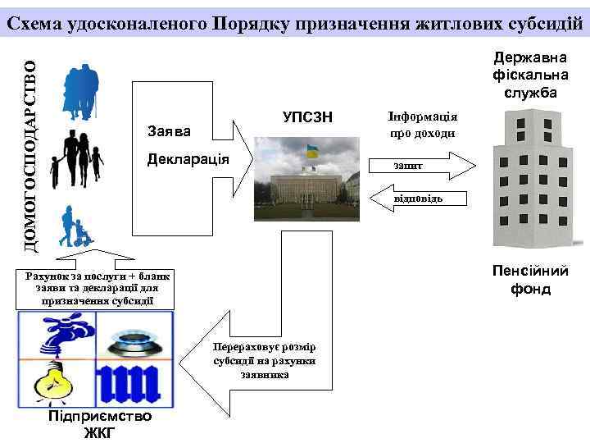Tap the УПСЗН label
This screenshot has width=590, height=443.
point(307,117)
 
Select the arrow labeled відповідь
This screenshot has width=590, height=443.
point(419,199)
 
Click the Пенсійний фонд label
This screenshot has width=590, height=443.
point(529,280)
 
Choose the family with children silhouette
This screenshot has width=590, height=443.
point(75,160)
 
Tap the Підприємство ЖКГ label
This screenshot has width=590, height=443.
point(99,423)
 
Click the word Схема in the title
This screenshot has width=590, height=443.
point(39,22)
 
